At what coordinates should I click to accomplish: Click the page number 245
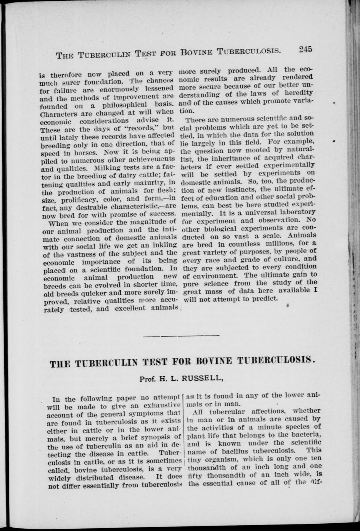[x=304, y=49]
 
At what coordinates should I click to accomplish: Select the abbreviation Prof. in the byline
[x=147, y=378]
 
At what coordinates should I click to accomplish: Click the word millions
[x=281, y=244]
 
